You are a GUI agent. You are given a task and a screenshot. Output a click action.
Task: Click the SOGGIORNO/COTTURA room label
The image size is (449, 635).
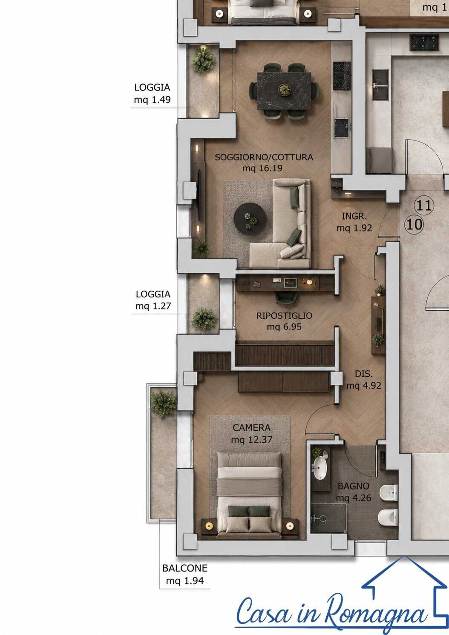click(264, 157)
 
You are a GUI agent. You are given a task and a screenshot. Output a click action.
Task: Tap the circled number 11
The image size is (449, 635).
click(424, 205)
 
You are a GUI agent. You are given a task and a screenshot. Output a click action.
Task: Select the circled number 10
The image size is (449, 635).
click(414, 225)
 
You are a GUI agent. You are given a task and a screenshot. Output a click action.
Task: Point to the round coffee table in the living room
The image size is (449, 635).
click(250, 218)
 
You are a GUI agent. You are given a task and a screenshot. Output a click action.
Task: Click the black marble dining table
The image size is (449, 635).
click(284, 91)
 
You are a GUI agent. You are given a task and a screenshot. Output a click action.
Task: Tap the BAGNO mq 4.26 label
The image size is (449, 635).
click(354, 492)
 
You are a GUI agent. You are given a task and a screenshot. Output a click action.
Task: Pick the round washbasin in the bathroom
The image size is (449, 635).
click(320, 468)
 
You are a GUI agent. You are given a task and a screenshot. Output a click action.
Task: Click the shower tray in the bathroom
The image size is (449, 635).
click(328, 518)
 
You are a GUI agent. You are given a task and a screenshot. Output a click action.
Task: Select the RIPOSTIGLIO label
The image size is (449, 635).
click(285, 315)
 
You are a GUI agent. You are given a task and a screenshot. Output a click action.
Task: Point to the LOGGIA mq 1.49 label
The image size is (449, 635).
click(152, 93)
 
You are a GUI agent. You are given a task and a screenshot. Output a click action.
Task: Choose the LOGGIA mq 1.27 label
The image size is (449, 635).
click(153, 300)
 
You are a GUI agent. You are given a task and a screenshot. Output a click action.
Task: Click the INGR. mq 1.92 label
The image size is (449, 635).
click(354, 222)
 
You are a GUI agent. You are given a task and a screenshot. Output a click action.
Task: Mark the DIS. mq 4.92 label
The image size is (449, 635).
click(364, 380)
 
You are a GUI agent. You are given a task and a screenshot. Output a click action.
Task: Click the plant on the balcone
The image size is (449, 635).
click(163, 403)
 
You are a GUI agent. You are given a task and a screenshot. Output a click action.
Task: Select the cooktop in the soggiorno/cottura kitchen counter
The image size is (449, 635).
click(342, 76)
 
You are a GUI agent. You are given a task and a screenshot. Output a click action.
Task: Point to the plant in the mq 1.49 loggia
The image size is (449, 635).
click(203, 60)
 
